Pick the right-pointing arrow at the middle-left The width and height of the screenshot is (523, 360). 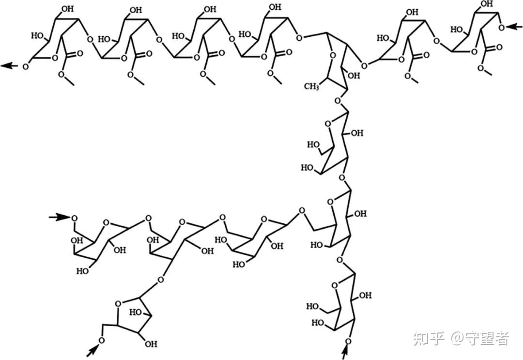pyautogui.click(x=59, y=217)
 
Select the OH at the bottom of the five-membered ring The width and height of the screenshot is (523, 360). pyautogui.click(x=151, y=344)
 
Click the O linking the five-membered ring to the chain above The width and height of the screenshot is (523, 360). pyautogui.click(x=160, y=280)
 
